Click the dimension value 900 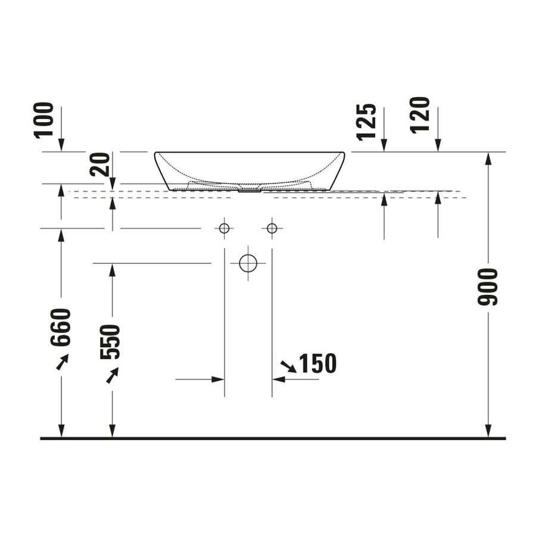point(488,286)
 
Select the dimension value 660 point(61,328)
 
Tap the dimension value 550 point(111,342)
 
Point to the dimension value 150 point(317,363)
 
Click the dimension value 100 point(44,120)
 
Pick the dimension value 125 point(367,121)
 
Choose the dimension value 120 point(420,115)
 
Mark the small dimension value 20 point(100,164)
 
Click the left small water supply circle point(224,228)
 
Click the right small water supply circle point(272,228)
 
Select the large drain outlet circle point(248,263)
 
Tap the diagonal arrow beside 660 point(63,362)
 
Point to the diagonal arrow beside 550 point(112,375)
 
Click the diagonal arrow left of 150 point(288,366)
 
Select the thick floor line point(273,438)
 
